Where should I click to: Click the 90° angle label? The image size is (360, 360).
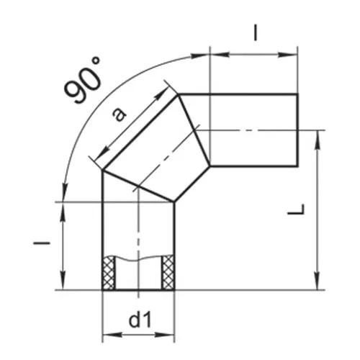tap(83, 80)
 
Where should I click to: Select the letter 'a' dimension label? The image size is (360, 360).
tap(120, 114)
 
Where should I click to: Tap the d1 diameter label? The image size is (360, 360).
tap(140, 320)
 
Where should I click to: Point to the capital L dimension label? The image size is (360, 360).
tap(297, 209)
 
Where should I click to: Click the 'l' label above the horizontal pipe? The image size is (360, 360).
tap(256, 33)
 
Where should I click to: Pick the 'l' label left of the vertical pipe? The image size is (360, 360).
tap(42, 243)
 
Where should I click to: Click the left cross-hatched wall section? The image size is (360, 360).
tap(109, 272)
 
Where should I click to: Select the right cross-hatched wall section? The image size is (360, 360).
tap(168, 272)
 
